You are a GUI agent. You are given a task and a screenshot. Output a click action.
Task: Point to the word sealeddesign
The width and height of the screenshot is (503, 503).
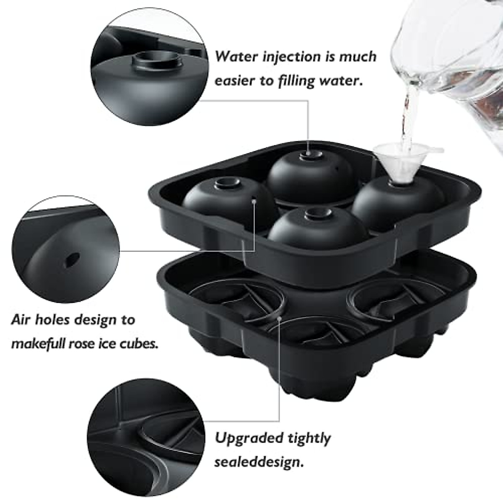pos(259,462)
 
